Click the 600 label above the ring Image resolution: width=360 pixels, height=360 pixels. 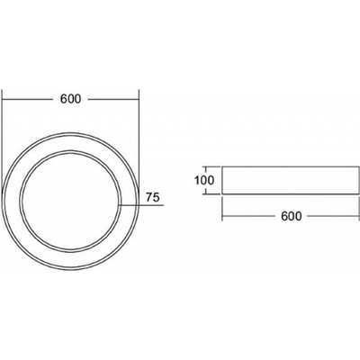tap(70, 99)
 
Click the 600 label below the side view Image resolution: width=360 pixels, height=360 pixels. tap(292, 216)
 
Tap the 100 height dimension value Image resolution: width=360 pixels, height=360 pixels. tap(204, 181)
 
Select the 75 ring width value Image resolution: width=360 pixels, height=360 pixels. tap(152, 198)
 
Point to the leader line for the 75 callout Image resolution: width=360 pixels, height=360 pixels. tap(141, 205)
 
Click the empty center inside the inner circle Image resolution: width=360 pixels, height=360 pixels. tap(70, 201)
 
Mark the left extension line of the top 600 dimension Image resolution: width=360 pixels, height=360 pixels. tap(2, 141)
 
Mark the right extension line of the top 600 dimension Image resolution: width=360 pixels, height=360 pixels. tap(139, 141)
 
